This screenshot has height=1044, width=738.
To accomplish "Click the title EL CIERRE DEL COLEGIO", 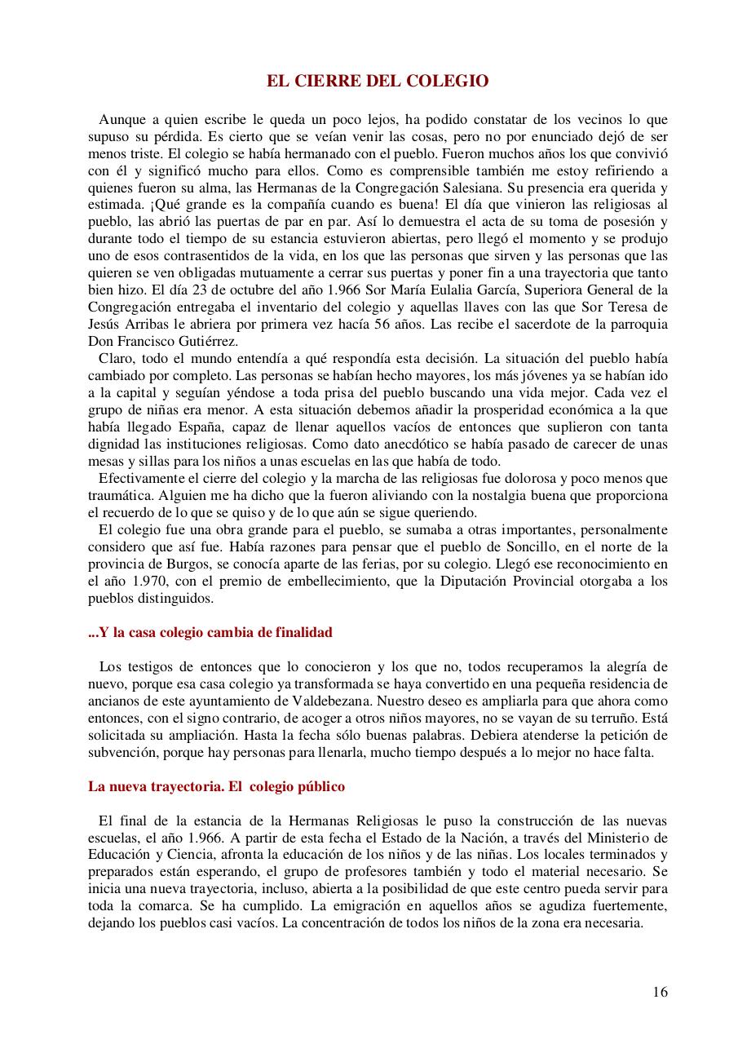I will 378,81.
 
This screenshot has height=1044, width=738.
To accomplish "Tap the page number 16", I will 660,992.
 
